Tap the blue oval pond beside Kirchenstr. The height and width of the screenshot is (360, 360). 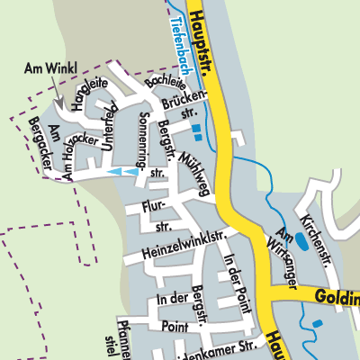click(303, 242)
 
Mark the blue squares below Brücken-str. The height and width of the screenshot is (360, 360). click(196, 133)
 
